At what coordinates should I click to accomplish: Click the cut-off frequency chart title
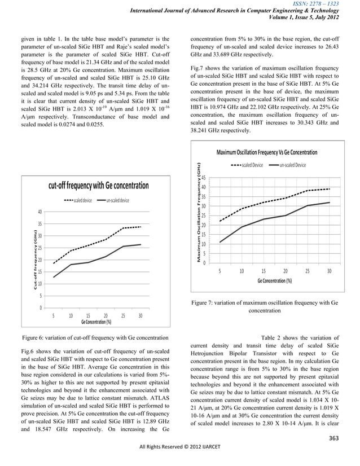coord(99,186)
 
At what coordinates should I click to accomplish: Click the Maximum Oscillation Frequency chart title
coord(267,153)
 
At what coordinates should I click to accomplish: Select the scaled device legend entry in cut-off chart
coord(79,201)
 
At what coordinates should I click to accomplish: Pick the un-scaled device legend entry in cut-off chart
coord(113,201)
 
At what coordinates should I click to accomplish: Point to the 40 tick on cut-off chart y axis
coord(39,212)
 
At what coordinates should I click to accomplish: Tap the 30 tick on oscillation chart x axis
coord(329,271)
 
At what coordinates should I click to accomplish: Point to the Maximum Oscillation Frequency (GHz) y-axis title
coord(199,212)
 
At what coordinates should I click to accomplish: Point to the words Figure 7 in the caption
coord(206,303)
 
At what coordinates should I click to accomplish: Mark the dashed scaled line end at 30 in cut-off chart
coord(141,227)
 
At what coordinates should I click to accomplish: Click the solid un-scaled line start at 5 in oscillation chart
coord(220,242)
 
